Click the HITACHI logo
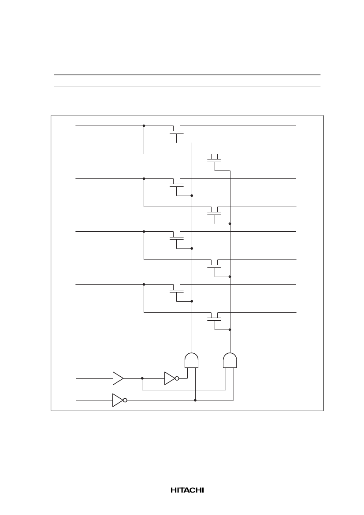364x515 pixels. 187,490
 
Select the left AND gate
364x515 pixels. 192,360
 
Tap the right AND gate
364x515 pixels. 230,360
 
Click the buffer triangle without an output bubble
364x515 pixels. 118,378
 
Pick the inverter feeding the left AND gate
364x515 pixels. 171,378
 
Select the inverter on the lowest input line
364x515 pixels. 119,400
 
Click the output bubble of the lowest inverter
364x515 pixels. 125,400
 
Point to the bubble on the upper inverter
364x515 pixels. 177,378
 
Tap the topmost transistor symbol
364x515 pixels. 176,131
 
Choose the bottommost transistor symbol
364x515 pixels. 215,319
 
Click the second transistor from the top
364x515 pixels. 215,160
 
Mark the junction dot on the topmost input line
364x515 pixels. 144,126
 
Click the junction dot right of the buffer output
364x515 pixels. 142,378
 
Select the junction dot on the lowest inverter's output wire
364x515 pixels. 195,400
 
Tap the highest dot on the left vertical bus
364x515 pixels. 192,196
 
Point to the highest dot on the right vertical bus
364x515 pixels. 230,224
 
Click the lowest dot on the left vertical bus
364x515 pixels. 192,301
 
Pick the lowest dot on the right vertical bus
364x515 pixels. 230,330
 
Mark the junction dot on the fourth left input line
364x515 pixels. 144,285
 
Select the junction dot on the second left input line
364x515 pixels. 144,179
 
